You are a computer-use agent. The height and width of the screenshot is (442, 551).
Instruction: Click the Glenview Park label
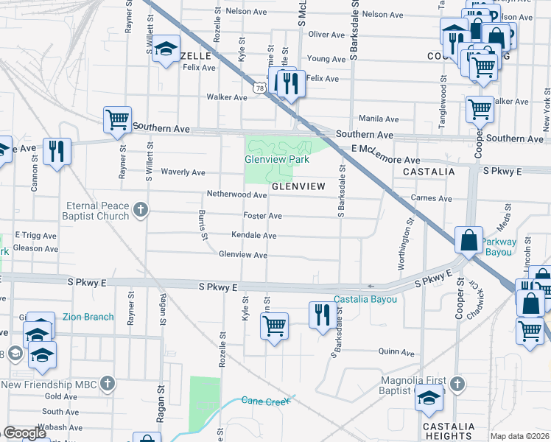coord(276,158)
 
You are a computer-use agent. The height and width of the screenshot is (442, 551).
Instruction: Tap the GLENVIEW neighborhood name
coord(298,187)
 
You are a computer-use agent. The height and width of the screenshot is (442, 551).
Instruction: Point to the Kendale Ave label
coord(253,236)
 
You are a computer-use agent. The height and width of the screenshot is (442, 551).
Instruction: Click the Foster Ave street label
coord(262,216)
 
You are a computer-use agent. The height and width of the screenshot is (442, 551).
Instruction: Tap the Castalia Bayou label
coord(365,300)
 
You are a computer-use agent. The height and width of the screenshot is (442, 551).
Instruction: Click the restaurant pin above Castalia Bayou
coord(320,315)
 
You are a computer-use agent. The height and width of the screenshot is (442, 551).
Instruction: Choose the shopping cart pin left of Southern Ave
coord(118,119)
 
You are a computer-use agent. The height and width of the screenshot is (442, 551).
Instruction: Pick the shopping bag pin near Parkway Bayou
coord(468,239)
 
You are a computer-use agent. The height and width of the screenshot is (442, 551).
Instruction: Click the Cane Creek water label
coord(266,400)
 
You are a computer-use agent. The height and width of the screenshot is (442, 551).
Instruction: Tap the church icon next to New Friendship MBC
coord(108,383)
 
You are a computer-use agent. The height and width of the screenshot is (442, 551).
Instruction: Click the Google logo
coord(24,433)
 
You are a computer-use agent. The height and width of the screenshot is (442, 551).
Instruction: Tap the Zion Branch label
coord(88,317)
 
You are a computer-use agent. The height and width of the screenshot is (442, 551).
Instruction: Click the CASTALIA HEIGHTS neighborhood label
coord(449,432)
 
